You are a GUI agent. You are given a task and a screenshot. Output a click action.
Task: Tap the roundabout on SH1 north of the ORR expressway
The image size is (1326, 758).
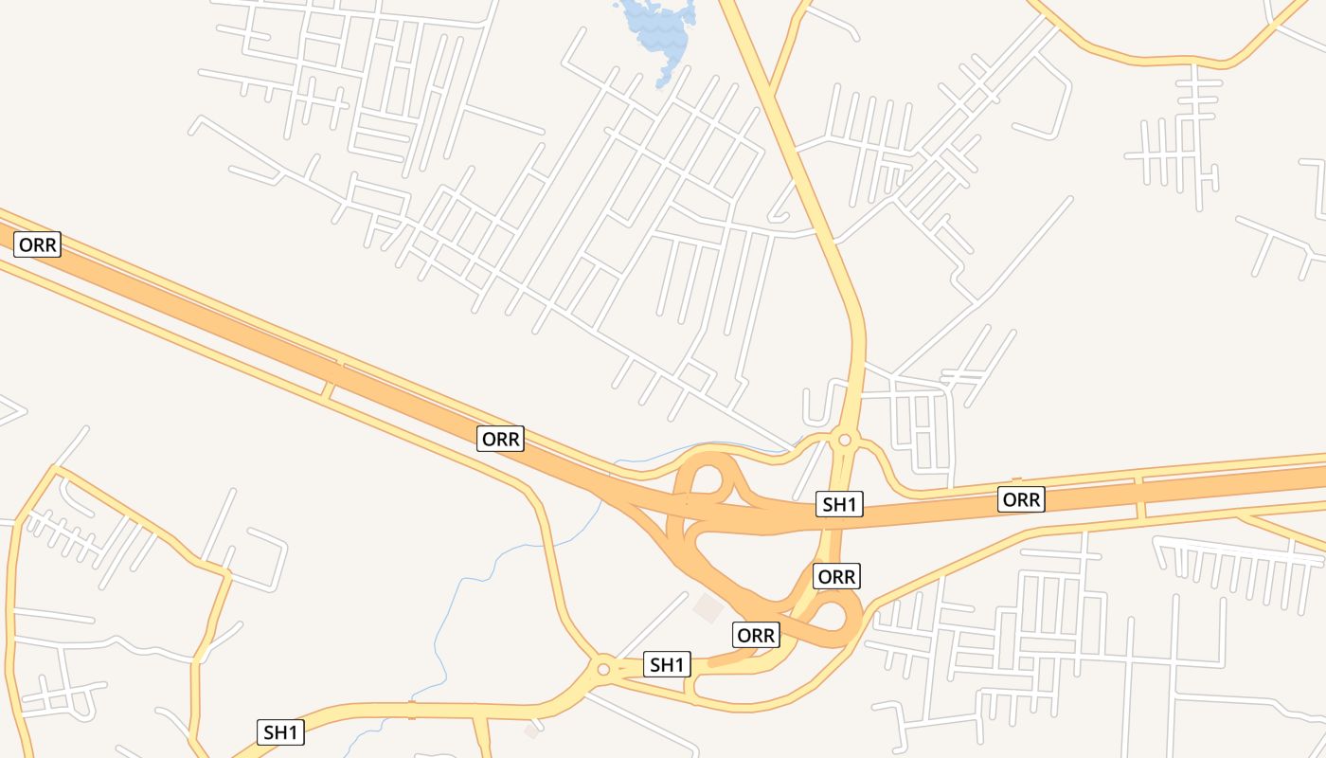click(x=845, y=440)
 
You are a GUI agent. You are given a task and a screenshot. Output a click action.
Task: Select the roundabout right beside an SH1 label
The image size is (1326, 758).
click(x=603, y=669)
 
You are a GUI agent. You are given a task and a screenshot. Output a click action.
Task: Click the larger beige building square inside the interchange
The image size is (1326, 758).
click(x=708, y=608)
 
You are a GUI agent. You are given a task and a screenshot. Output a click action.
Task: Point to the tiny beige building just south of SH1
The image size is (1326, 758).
click(x=531, y=731)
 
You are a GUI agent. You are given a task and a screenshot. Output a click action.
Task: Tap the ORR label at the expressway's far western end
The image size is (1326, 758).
click(x=38, y=244)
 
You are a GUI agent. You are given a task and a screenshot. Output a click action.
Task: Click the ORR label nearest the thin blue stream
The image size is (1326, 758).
click(x=500, y=439)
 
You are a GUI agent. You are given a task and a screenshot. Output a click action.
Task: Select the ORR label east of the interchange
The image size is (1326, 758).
click(x=1021, y=498)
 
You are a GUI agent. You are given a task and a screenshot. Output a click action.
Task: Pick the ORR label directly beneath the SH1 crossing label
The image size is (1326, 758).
click(x=836, y=576)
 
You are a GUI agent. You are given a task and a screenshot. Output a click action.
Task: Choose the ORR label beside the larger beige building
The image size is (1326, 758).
click(x=756, y=635)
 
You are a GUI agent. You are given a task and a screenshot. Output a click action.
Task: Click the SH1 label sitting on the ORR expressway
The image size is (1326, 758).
click(x=839, y=504)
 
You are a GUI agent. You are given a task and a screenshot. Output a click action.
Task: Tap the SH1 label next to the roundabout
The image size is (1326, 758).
click(x=667, y=664)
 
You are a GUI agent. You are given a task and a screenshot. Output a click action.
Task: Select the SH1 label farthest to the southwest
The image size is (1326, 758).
click(x=281, y=731)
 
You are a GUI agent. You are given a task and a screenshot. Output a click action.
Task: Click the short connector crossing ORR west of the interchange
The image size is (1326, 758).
click(x=329, y=388)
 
